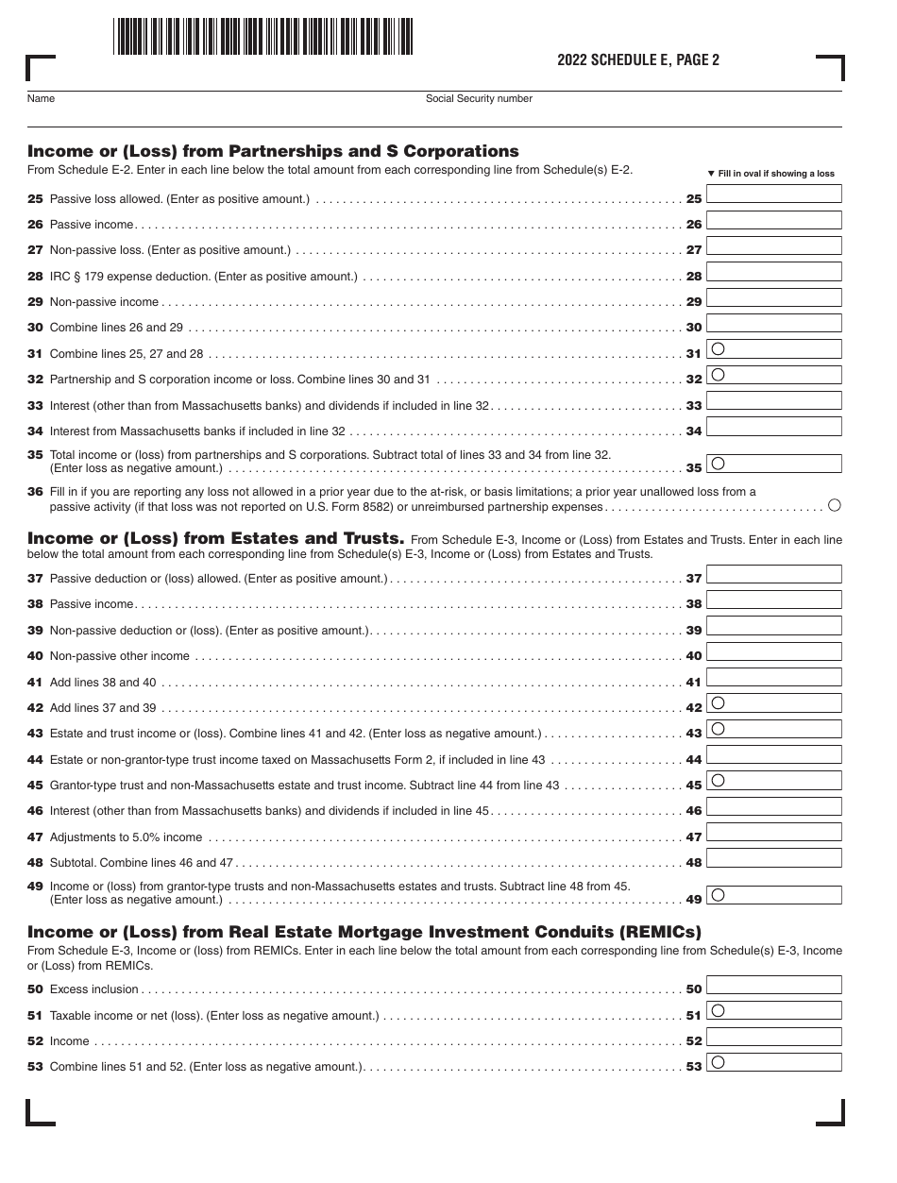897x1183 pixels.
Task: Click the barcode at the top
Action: click(x=263, y=38)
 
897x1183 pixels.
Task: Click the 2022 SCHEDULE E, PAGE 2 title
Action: click(x=638, y=60)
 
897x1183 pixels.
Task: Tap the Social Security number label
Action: click(x=479, y=98)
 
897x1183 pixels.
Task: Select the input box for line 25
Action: click(x=773, y=194)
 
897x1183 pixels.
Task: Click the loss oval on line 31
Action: click(x=718, y=348)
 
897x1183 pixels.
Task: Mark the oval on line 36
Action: click(x=834, y=505)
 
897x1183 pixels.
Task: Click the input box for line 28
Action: click(x=773, y=272)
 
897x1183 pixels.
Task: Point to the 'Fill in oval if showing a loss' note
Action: click(x=771, y=174)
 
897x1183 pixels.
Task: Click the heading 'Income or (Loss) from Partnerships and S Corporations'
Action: click(x=273, y=151)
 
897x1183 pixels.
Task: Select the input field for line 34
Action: click(x=773, y=427)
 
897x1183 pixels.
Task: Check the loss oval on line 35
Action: click(x=718, y=464)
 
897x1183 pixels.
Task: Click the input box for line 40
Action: click(x=773, y=651)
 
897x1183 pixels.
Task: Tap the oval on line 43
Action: click(x=718, y=729)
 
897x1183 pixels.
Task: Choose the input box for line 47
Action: click(x=773, y=833)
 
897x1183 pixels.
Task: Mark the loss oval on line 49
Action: click(x=718, y=894)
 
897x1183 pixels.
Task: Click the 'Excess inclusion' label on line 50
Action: click(x=93, y=989)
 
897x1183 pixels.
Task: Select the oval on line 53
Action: click(x=718, y=1062)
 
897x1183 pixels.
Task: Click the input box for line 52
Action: click(x=773, y=1037)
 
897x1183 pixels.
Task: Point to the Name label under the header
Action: click(x=41, y=98)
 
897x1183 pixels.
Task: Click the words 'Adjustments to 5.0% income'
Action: click(x=126, y=837)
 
